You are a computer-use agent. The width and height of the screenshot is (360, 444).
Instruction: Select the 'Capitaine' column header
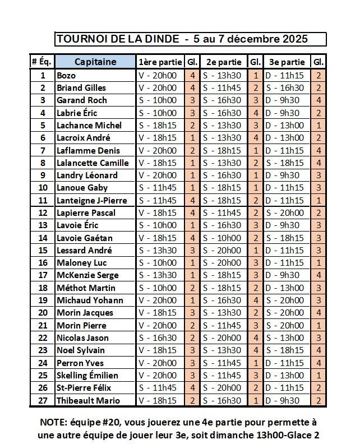[x=95, y=62]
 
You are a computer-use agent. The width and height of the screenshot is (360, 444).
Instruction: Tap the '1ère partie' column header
[x=159, y=62]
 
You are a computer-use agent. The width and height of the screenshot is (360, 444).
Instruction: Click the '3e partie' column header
[x=287, y=62]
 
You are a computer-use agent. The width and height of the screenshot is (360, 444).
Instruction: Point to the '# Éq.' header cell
[x=41, y=62]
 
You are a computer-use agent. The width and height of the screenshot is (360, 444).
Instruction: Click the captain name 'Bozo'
[x=66, y=75]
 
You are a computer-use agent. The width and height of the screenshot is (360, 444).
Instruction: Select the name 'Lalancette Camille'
[x=93, y=163]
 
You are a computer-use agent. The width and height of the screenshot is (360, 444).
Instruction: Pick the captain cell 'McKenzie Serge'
[x=87, y=275]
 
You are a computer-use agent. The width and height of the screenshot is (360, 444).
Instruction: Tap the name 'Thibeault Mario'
[x=89, y=400]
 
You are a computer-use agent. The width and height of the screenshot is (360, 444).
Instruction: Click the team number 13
[x=43, y=225]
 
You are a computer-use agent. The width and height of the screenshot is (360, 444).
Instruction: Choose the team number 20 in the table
[x=43, y=313]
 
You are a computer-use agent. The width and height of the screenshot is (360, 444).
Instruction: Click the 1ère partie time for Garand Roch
[x=158, y=100]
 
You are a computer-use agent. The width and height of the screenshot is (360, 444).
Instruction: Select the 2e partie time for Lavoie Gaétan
[x=222, y=238]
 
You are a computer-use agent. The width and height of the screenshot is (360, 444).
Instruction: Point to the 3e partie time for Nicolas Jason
[x=285, y=337]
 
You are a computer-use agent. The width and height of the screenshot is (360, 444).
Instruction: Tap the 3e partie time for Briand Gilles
[x=285, y=87]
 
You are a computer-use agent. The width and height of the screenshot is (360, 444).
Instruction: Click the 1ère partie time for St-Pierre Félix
[x=158, y=388]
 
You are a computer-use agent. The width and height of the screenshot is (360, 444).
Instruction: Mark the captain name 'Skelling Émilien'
[x=87, y=375]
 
